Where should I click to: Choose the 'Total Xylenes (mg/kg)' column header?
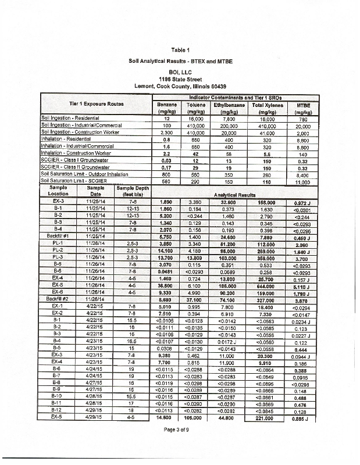click(266, 109)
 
